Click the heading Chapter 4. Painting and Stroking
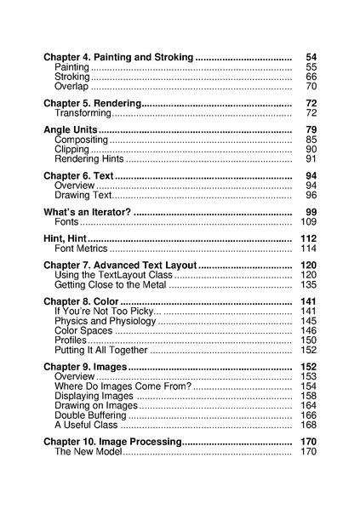(118, 57)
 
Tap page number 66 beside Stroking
(311, 77)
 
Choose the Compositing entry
(81, 140)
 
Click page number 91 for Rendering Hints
(311, 159)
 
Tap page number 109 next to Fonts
(308, 221)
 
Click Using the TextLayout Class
(113, 275)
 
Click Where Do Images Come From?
(122, 386)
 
